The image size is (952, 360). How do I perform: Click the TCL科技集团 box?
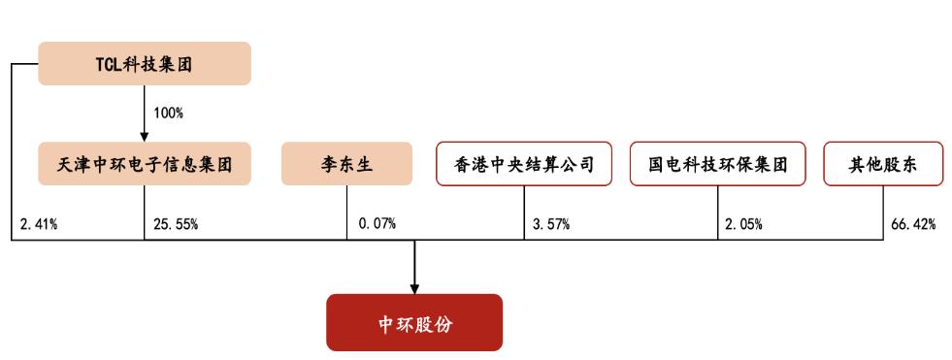tap(145, 63)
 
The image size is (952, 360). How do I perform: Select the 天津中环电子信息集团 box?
tap(145, 164)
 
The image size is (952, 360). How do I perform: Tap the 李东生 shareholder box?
tap(347, 164)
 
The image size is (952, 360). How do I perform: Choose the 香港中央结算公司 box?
tap(523, 164)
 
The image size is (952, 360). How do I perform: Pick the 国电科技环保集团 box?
tap(717, 164)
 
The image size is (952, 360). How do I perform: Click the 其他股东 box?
tap(884, 164)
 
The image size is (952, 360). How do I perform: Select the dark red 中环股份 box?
tap(414, 322)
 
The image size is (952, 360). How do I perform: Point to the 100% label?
tap(168, 113)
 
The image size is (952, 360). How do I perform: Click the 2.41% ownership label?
tap(39, 225)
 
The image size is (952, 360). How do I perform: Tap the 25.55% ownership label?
tap(176, 225)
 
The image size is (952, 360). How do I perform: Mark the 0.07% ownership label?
tap(377, 225)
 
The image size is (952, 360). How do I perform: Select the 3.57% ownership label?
tap(551, 225)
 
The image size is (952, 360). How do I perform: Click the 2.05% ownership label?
tap(743, 225)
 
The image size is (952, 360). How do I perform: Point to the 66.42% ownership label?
tap(913, 225)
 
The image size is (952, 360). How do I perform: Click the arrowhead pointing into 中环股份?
tap(414, 287)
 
